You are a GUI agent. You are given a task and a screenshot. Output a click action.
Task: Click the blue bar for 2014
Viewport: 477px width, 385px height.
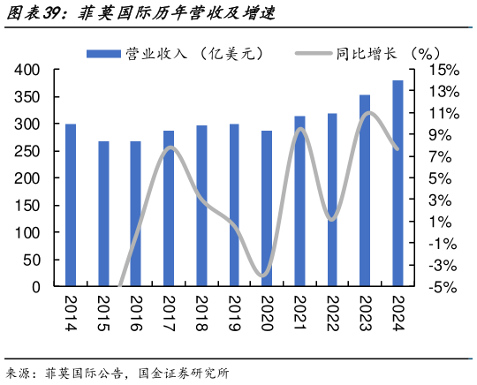[x=70, y=205]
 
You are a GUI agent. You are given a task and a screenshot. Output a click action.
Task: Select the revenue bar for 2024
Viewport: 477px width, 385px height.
[x=397, y=184]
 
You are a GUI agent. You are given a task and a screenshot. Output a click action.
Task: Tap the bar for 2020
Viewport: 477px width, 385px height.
[x=267, y=208]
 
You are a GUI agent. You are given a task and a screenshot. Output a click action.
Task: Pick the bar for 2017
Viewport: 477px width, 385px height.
[x=169, y=208]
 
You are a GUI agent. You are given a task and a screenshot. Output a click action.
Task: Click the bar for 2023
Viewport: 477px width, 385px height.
[x=365, y=191]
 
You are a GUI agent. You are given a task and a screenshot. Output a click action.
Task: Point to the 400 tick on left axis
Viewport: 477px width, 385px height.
[x=28, y=70]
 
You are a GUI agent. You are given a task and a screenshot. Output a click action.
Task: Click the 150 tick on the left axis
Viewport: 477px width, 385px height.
[x=28, y=206]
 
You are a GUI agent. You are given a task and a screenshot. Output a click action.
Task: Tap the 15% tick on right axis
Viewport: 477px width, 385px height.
[x=444, y=70]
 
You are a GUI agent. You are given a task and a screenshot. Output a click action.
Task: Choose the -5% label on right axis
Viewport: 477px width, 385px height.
[x=444, y=287]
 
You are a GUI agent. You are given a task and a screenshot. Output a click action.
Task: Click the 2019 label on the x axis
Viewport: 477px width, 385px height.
[x=233, y=312]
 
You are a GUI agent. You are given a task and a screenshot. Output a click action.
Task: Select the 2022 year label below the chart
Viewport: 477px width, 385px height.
[x=332, y=312]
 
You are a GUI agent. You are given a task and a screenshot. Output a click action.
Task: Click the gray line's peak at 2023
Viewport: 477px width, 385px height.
[x=367, y=112]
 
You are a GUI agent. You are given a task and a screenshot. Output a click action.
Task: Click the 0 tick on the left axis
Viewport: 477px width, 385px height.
[x=36, y=287]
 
